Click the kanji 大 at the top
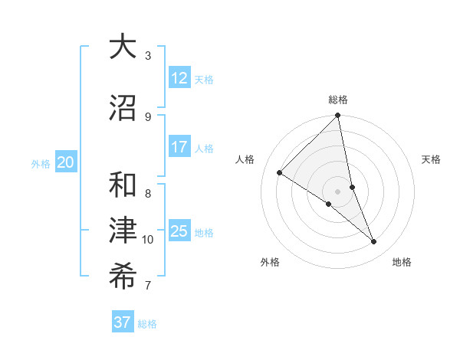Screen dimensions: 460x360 (x=123, y=47)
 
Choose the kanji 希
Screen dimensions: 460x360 (x=123, y=277)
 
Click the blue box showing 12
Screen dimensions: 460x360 (x=179, y=78)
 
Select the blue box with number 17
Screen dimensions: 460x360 (x=179, y=147)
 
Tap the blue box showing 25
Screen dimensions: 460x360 (x=179, y=231)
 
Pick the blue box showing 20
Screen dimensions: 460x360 (x=66, y=162)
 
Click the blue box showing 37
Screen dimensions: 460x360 (x=122, y=322)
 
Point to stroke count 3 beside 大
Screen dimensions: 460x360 (x=148, y=56)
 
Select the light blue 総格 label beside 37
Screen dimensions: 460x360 (x=147, y=324)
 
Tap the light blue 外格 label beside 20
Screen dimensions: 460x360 (x=41, y=163)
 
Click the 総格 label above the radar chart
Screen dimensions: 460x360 (x=338, y=100)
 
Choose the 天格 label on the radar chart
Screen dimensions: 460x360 (x=432, y=159)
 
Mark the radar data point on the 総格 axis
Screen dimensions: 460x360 (x=338, y=116)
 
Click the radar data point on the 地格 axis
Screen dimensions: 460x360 (x=374, y=241)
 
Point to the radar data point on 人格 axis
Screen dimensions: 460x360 (x=280, y=172)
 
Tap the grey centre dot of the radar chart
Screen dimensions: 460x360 (x=338, y=191)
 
